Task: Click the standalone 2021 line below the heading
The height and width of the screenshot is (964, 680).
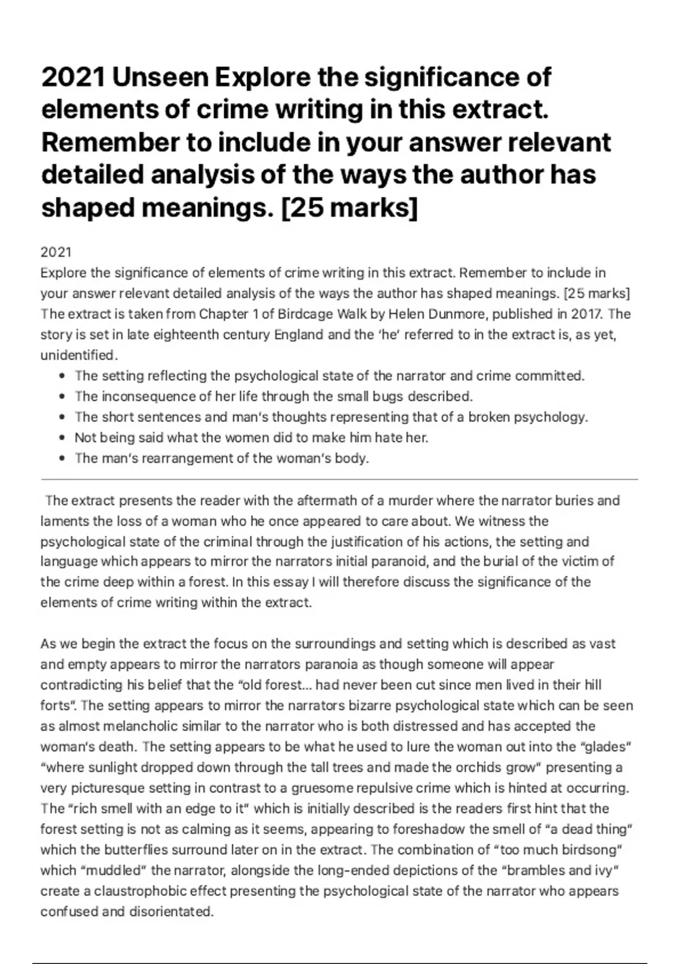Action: [x=56, y=252]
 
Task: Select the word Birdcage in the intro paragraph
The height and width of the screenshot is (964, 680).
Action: [x=308, y=314]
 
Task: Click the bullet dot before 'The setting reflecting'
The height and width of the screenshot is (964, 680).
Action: [x=62, y=377]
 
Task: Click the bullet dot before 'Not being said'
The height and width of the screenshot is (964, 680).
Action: [x=62, y=438]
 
